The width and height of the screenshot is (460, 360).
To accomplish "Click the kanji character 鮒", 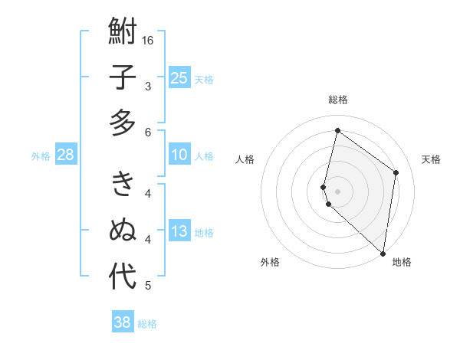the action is click(x=123, y=32).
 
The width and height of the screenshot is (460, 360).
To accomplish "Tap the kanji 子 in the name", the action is click(x=123, y=78).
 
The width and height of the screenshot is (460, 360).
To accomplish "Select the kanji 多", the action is click(x=123, y=123).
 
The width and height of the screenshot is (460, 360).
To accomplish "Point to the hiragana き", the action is click(x=123, y=185).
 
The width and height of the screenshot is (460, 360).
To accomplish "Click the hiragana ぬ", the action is click(x=123, y=230).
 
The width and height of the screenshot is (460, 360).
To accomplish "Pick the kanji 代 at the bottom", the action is click(x=123, y=277).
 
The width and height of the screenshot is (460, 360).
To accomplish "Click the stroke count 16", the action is click(x=149, y=40).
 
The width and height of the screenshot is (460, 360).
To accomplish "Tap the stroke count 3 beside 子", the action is click(x=148, y=87).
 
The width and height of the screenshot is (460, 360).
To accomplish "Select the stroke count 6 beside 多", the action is click(x=148, y=132).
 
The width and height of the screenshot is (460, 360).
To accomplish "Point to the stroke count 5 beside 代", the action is click(x=148, y=286).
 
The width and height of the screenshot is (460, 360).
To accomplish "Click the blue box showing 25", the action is click(x=179, y=77).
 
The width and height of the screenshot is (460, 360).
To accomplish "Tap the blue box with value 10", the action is click(x=179, y=155).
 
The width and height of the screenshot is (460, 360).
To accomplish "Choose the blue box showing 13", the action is click(x=179, y=231).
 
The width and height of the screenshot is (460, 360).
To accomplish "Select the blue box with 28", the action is click(x=65, y=155).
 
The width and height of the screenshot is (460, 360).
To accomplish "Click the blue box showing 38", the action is click(x=123, y=322).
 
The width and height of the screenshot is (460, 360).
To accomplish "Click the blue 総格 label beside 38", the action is click(x=147, y=324).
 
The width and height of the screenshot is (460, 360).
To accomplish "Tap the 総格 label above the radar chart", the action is click(x=338, y=100).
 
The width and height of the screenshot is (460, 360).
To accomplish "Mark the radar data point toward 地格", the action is click(x=383, y=253).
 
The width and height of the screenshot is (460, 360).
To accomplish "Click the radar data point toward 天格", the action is click(x=396, y=172).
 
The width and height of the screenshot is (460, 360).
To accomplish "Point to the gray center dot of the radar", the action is click(x=338, y=190).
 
